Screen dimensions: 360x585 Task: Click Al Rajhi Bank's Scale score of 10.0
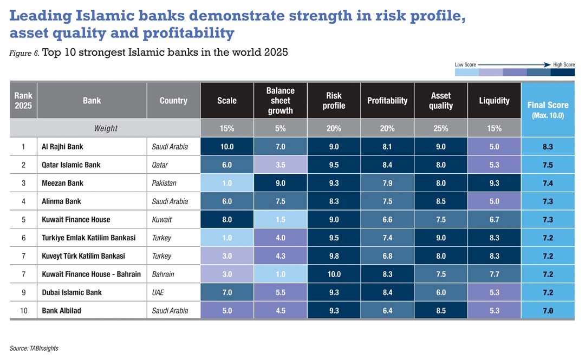click(x=226, y=147)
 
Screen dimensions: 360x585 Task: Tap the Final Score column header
click(x=548, y=109)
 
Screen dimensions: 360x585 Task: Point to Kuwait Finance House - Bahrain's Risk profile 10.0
click(x=334, y=274)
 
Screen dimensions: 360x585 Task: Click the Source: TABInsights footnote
click(x=34, y=348)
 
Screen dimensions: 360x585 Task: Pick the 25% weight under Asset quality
click(x=440, y=128)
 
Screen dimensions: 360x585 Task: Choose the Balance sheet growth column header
click(x=280, y=101)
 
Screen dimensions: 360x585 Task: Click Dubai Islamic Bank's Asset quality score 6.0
click(x=440, y=292)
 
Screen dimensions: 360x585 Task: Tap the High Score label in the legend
click(x=563, y=65)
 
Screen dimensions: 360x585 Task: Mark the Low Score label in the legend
click(x=465, y=65)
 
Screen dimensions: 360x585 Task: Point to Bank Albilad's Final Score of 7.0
click(x=548, y=311)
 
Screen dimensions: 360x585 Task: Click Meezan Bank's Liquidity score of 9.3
click(x=494, y=183)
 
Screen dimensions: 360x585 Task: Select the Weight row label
click(x=106, y=128)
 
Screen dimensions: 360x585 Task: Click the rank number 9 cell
click(x=23, y=292)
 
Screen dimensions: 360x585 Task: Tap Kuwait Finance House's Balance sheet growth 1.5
click(x=280, y=219)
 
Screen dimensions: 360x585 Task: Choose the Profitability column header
click(x=387, y=101)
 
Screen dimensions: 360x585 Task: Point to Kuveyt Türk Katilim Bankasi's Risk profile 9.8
click(x=334, y=256)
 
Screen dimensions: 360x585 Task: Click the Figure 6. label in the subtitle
click(x=24, y=53)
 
